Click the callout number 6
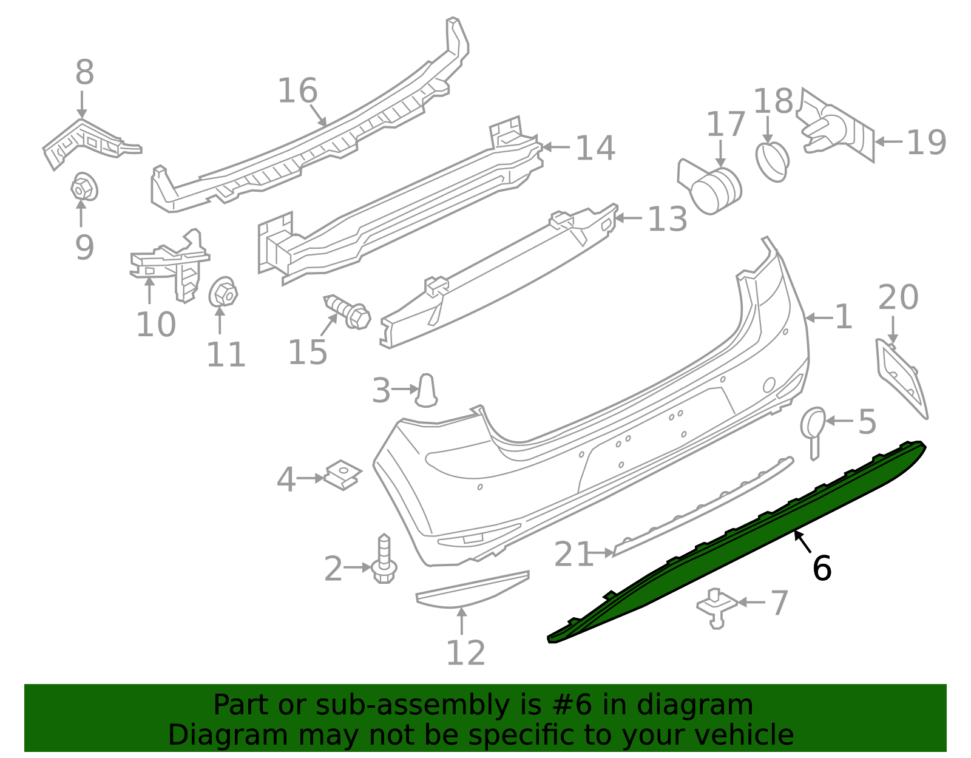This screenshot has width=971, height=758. pyautogui.click(x=821, y=569)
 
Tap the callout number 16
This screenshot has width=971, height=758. pyautogui.click(x=297, y=91)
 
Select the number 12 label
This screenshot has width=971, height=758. pyautogui.click(x=465, y=654)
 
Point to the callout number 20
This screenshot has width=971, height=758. pyautogui.click(x=898, y=298)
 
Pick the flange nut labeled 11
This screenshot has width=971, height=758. pyautogui.click(x=223, y=294)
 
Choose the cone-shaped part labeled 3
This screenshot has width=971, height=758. pyautogui.click(x=427, y=390)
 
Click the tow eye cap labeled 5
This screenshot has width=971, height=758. pyautogui.click(x=813, y=428)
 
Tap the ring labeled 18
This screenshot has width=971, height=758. pyautogui.click(x=773, y=161)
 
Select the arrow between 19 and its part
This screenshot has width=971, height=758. pyautogui.click(x=888, y=141)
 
